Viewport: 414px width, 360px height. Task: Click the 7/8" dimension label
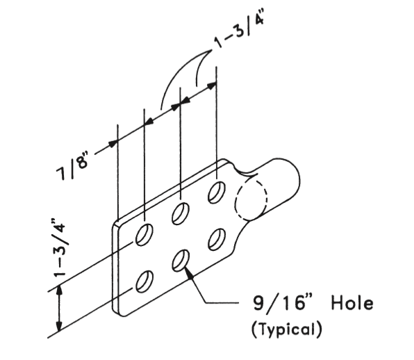coord(72,165)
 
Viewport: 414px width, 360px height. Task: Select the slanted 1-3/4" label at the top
coord(239,28)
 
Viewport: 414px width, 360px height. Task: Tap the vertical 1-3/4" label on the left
coord(59,247)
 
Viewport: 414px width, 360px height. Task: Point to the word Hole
coord(352,303)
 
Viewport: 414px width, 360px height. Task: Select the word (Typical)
coord(287,329)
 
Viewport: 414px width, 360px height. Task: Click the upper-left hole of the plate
coord(144,234)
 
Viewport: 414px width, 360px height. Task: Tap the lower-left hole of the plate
coord(144,281)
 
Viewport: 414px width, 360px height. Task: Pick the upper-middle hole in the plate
coord(181,213)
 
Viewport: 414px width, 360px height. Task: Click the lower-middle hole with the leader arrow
coord(181,261)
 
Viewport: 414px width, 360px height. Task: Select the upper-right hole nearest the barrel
coord(217,193)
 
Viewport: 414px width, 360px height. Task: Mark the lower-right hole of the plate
coord(217,240)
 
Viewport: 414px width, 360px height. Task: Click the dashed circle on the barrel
coord(251,199)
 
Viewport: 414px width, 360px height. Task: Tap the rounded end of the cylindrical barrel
coord(299,181)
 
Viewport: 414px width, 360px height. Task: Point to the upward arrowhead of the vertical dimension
coord(60,291)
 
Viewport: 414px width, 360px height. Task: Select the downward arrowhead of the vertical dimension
coord(60,325)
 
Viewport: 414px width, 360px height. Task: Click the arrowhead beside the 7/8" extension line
coord(113,143)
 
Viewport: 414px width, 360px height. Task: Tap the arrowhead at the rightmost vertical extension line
coord(211,85)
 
